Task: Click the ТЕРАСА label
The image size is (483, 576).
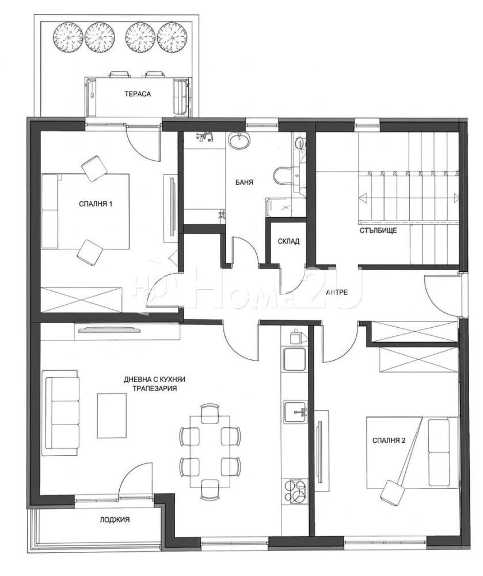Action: tap(138, 94)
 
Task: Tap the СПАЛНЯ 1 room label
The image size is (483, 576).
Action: tap(96, 204)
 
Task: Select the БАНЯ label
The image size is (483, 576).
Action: tap(245, 182)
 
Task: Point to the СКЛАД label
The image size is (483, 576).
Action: tap(288, 241)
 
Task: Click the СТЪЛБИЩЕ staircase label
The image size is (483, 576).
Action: tap(378, 231)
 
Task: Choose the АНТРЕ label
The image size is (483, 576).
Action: tap(337, 293)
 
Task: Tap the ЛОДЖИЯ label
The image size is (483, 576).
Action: tap(115, 520)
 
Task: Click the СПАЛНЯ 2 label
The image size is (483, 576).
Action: tap(389, 441)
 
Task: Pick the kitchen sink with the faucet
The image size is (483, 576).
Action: tap(295, 411)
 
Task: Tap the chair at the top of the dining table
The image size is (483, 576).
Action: tap(210, 411)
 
